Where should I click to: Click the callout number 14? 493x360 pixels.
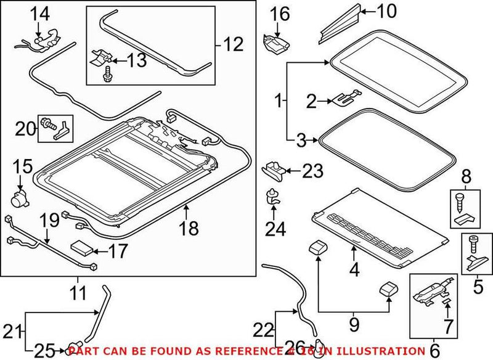(x=38, y=12)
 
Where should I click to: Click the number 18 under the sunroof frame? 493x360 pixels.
(x=190, y=229)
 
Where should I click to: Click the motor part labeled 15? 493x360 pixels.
(x=20, y=198)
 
